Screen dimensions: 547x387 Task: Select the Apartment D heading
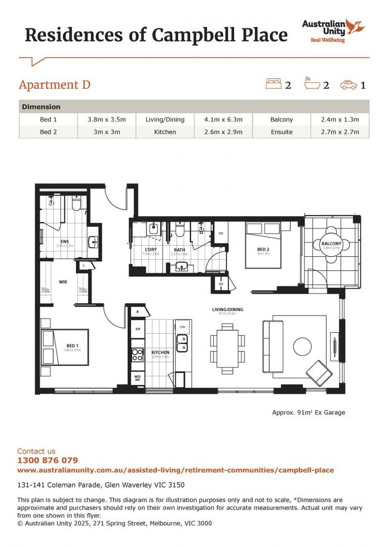(55, 84)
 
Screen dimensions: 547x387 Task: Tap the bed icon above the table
(274, 84)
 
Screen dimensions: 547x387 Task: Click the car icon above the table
(349, 84)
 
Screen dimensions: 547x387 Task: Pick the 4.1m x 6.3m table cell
(223, 120)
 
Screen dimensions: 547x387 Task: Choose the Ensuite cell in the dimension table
(282, 132)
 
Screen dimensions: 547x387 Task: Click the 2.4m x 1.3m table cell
(340, 120)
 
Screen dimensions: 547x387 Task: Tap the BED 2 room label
(263, 249)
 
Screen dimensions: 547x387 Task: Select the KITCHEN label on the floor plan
(160, 353)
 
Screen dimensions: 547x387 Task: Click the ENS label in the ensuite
(65, 242)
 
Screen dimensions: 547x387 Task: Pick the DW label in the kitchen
(182, 327)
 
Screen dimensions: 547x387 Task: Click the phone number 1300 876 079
(48, 460)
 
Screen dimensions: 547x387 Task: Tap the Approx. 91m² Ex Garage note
(308, 412)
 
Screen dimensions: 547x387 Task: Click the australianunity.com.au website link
(175, 470)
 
